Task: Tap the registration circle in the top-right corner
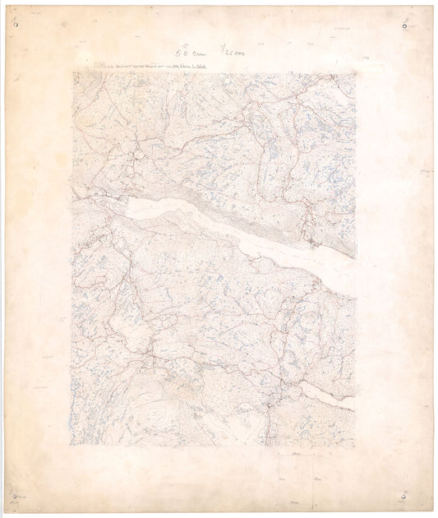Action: (404, 26)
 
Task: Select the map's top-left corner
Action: (72, 73)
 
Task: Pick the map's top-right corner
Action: (355, 73)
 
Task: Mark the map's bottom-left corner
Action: (70, 445)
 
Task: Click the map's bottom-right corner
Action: (354, 447)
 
